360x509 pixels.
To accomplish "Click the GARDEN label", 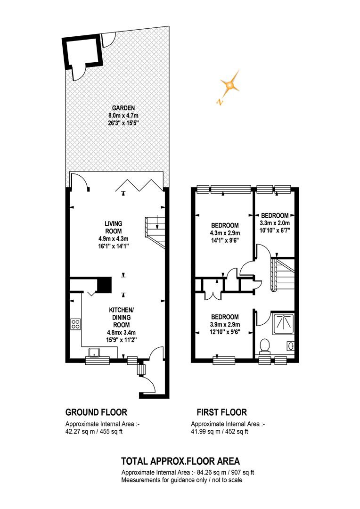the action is pos(123,108).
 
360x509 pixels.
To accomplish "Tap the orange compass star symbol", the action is pos(230,85).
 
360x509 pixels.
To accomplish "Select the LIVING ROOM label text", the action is pos(113,227).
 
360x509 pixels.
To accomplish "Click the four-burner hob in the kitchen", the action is pos(76,324).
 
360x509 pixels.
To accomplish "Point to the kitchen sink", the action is pos(95,352).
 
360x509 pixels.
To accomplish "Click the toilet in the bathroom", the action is pos(265,346).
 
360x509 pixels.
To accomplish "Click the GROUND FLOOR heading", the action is pos(96,412).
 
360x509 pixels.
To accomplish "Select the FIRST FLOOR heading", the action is pos(222,412).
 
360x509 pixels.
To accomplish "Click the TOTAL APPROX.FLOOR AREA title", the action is pos(180,461).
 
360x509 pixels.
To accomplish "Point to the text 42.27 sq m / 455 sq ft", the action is pos(94,432).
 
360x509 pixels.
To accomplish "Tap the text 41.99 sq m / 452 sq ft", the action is pos(220,432).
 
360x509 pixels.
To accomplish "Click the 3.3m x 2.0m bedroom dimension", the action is pos(275,223).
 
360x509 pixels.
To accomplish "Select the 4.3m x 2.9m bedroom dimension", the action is pos(225,233).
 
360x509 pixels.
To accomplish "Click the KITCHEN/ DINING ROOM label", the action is pos(122,318).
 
